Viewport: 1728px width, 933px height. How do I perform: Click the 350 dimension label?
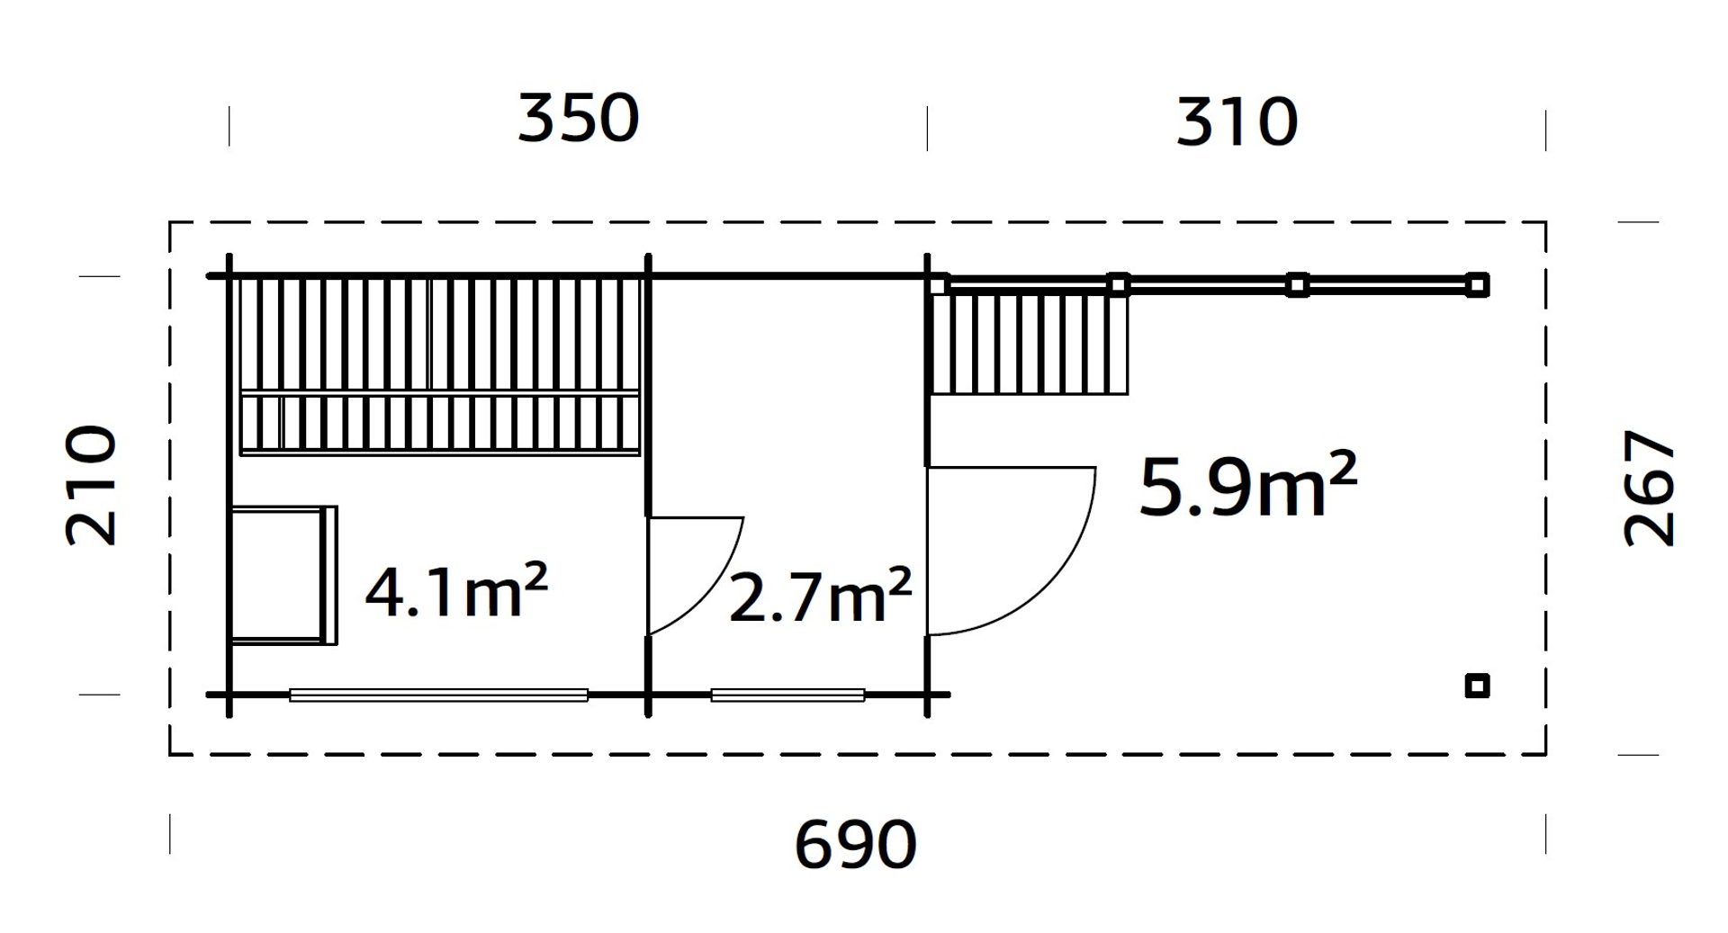pyautogui.click(x=578, y=120)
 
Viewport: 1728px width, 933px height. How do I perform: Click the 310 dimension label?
pyautogui.click(x=1237, y=123)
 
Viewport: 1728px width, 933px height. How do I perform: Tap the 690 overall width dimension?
pyautogui.click(x=855, y=844)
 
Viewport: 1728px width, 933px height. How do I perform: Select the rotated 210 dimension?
pyautogui.click(x=91, y=486)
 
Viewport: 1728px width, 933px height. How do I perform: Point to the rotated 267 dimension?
pyautogui.click(x=1649, y=488)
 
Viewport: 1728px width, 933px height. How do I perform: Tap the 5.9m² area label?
pyautogui.click(x=1247, y=487)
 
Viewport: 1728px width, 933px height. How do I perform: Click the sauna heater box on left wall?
pyautogui.click(x=281, y=575)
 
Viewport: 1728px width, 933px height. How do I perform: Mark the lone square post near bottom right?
pyautogui.click(x=1477, y=686)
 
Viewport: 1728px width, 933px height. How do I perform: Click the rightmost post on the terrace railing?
pyautogui.click(x=1477, y=285)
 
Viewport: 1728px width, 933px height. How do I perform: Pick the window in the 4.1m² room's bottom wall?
pyautogui.click(x=438, y=695)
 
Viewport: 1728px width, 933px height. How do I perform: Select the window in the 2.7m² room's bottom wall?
pyautogui.click(x=787, y=695)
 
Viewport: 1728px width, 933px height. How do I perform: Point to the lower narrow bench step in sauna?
pyautogui.click(x=439, y=426)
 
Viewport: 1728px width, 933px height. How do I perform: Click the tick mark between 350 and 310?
pyautogui.click(x=928, y=128)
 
